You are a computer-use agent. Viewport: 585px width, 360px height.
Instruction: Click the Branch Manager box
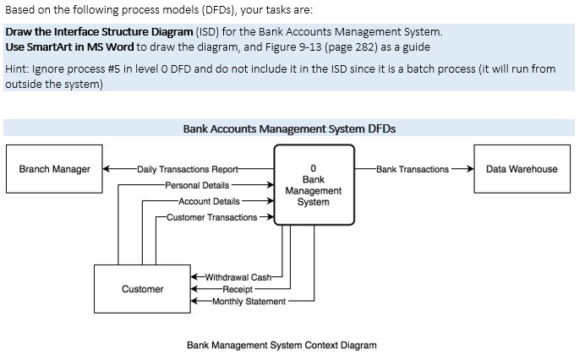54,169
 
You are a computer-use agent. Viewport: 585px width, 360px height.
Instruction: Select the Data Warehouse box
522,169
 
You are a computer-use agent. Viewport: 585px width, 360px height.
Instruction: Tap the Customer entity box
142,289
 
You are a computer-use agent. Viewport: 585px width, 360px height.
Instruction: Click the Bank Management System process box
313,185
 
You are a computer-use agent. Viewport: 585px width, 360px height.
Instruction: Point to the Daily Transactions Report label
187,169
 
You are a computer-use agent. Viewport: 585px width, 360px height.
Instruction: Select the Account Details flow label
209,201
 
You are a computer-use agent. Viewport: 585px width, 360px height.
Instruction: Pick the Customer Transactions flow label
211,217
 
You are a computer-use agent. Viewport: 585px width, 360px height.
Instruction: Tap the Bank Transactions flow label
413,169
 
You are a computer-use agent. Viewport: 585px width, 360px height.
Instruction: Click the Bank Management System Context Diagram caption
282,345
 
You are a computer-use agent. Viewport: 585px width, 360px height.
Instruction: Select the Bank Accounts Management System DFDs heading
289,129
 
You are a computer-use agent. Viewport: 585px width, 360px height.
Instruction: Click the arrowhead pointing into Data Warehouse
468,169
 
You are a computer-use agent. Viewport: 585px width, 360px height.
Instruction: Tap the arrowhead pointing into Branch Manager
107,169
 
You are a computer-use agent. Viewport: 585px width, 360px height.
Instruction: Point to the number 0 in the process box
313,168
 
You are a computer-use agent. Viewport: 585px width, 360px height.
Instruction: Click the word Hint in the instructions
16,68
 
